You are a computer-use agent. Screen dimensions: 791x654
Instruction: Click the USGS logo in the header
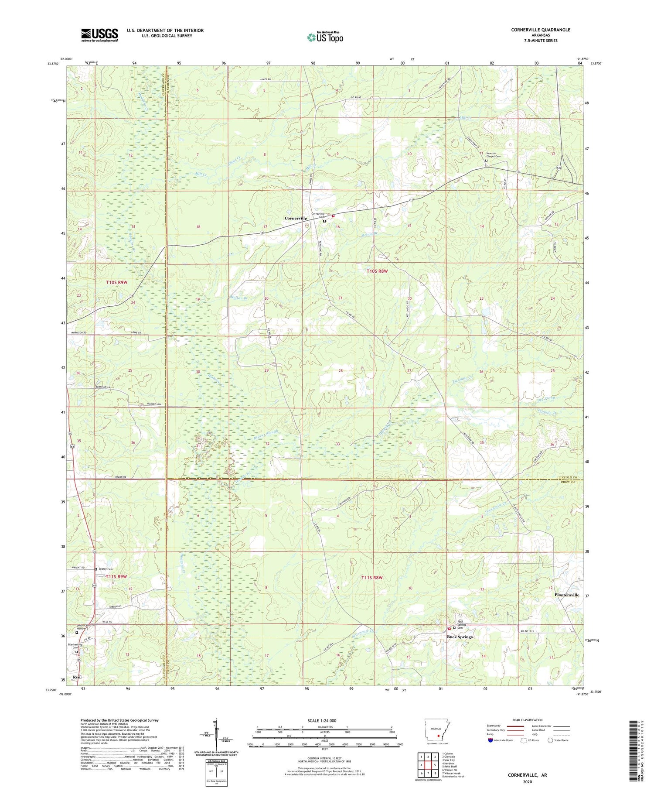[99, 35]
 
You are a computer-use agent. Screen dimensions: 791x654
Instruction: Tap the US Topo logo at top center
[325, 37]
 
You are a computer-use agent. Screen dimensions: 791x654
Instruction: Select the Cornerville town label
[297, 218]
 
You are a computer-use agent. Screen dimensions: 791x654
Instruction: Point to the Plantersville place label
[566, 595]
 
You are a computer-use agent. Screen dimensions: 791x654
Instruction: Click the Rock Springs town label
[460, 637]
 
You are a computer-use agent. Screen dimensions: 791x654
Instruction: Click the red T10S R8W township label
[377, 271]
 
